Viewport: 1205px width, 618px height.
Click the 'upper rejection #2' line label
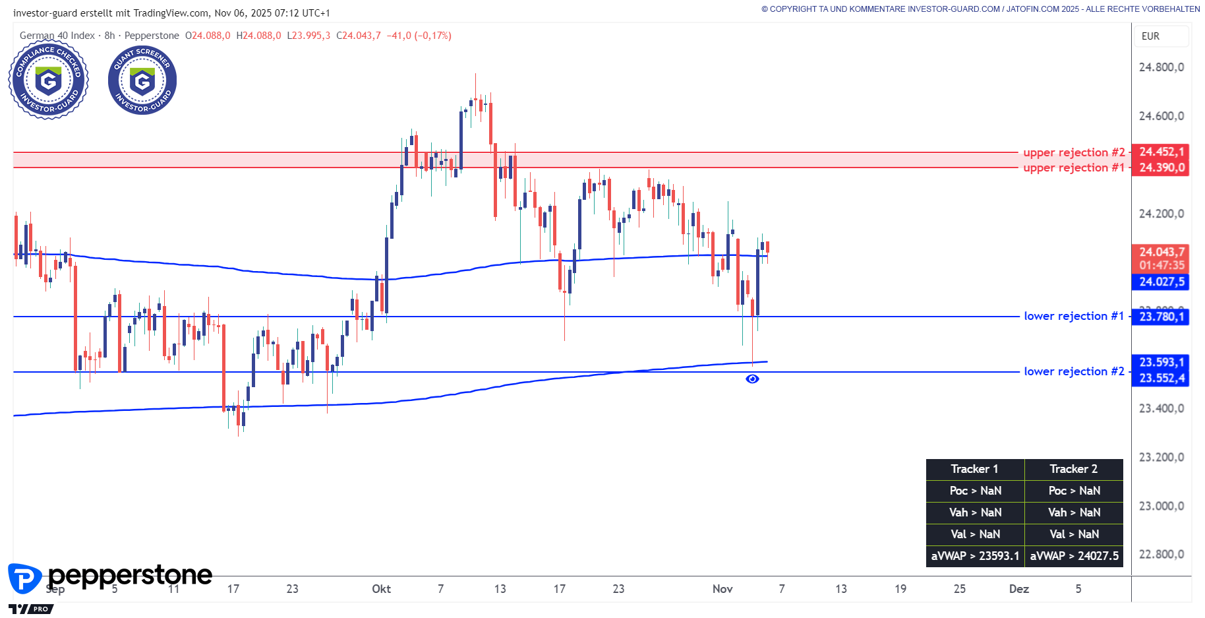coord(1074,152)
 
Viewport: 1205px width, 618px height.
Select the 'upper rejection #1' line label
coord(1074,168)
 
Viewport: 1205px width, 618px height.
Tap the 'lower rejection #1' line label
coord(1074,316)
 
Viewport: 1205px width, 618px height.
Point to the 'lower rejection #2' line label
coord(1074,371)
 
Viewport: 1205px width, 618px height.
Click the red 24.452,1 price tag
coord(1161,152)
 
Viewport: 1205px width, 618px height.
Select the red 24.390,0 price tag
coord(1161,168)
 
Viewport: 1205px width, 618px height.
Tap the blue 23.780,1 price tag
coord(1161,317)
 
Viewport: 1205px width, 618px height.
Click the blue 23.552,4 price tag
coord(1161,378)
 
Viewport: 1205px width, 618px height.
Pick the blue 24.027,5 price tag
coord(1161,282)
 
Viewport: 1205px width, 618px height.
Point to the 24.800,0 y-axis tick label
coord(1161,67)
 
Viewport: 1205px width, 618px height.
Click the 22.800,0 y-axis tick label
coord(1161,554)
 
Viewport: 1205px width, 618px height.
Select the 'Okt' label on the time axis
coord(381,589)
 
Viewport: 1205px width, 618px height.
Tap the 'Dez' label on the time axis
coord(1018,589)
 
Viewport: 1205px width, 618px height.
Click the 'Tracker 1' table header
coord(974,469)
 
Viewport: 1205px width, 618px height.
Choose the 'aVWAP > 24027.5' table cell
coord(1074,556)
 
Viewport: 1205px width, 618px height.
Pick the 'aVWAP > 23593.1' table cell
coord(975,556)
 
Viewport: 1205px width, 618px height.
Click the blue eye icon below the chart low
coord(752,379)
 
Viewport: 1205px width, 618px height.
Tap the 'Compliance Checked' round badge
coord(48,80)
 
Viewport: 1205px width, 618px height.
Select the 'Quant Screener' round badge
coord(142,80)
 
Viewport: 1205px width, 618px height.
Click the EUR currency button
coord(1150,36)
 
